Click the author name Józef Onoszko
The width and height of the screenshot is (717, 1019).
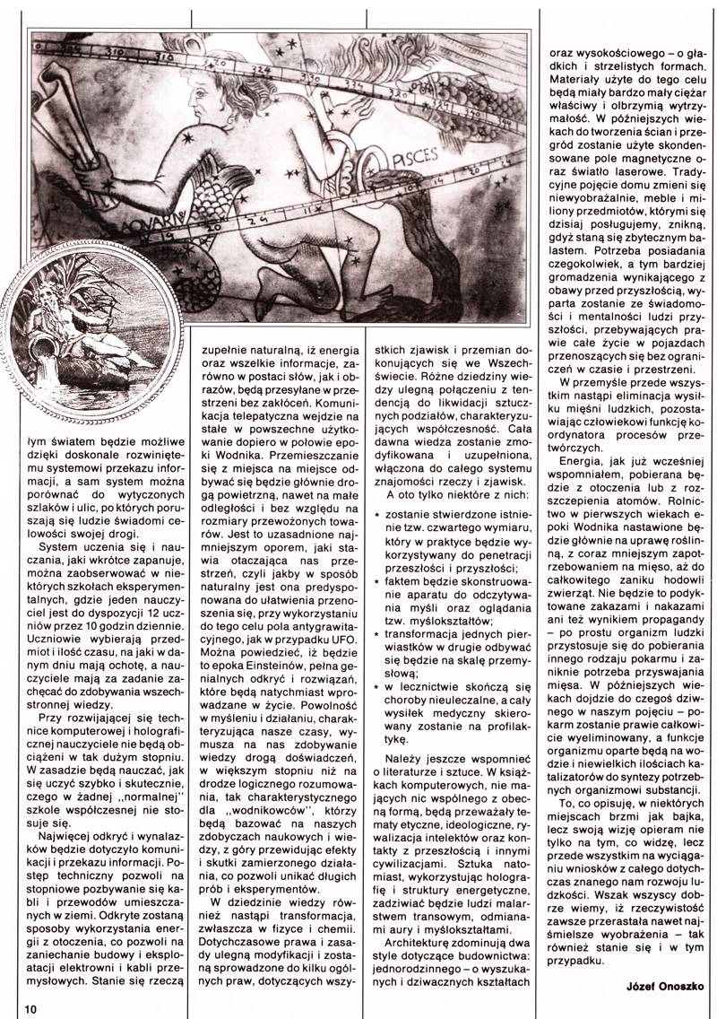[x=658, y=987]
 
